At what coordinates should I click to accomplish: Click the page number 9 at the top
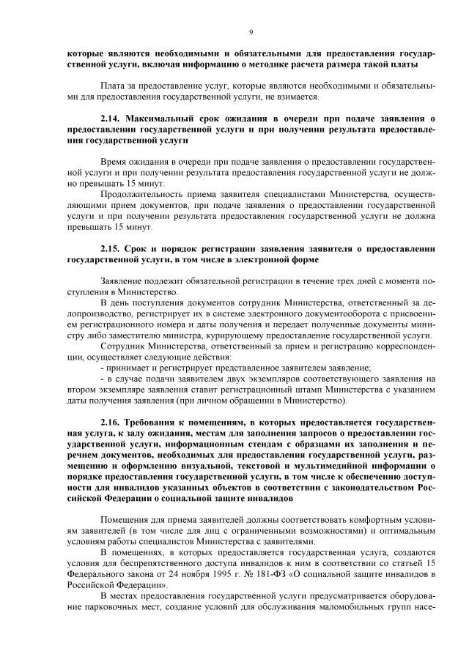point(251,32)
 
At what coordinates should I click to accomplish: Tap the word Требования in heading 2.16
point(155,423)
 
